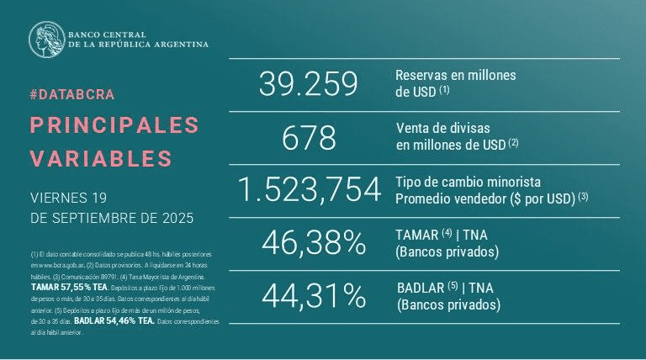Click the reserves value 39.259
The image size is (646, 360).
(x=309, y=83)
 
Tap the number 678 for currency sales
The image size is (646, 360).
(x=309, y=137)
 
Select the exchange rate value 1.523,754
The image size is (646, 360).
(x=309, y=190)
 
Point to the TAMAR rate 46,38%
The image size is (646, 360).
(x=314, y=243)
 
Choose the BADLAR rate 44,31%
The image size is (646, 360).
(x=314, y=295)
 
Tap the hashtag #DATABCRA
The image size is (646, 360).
(x=71, y=94)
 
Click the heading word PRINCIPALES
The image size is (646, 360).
(x=114, y=124)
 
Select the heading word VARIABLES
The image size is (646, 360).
(x=101, y=158)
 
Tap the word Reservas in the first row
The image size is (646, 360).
(x=420, y=75)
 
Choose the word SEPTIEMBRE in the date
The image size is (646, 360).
(x=103, y=218)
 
